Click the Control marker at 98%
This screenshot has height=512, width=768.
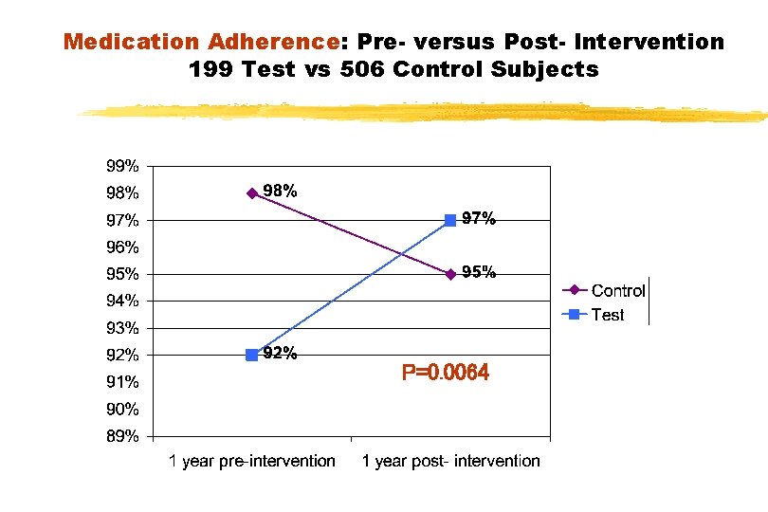tap(252, 193)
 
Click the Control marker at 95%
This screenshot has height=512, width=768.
tap(450, 274)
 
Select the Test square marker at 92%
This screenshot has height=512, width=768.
tap(251, 355)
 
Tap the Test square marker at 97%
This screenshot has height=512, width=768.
tap(450, 220)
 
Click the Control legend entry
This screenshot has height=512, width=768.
tap(617, 291)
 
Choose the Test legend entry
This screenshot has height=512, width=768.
tap(607, 315)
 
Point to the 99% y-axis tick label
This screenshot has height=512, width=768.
tap(121, 166)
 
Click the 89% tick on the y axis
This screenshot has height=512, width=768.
tap(121, 437)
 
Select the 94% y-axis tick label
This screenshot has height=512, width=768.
tap(121, 302)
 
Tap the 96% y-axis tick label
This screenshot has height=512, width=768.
tap(121, 247)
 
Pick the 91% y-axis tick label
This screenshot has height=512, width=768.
tap(121, 383)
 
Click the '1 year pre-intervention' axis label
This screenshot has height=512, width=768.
tap(252, 462)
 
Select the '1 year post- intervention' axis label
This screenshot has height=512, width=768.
tap(451, 462)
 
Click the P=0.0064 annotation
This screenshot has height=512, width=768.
tap(446, 374)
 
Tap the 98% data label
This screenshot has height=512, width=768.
tap(281, 191)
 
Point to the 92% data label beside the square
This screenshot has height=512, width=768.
tap(281, 354)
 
